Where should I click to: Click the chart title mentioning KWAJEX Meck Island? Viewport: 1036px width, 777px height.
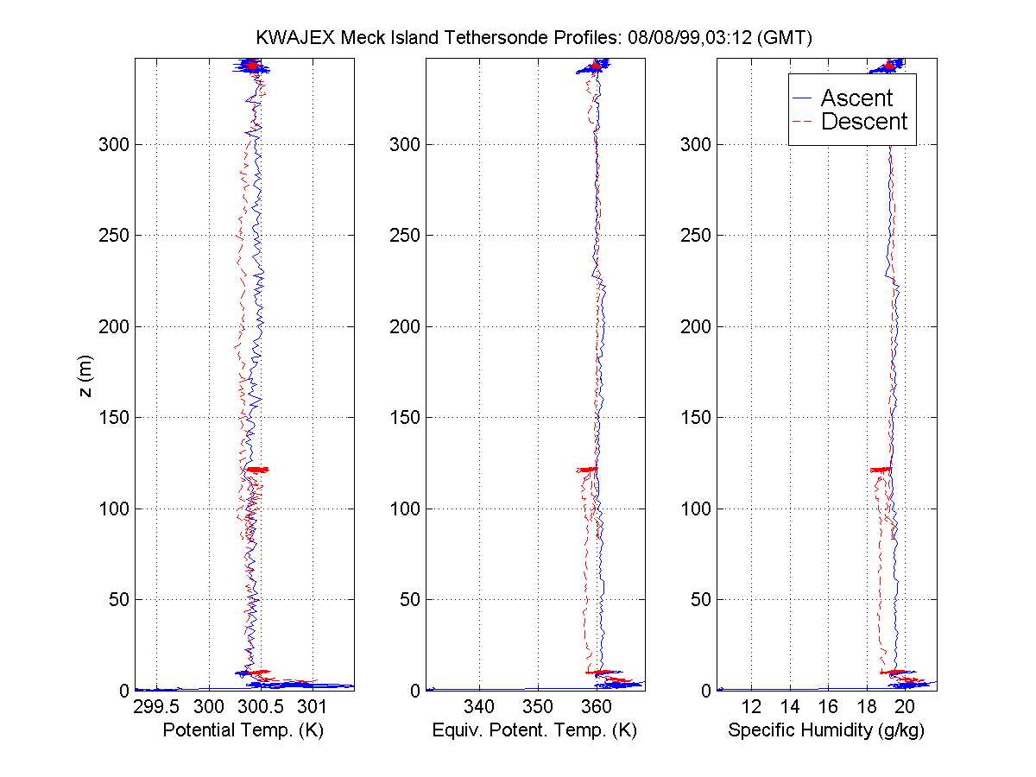point(534,38)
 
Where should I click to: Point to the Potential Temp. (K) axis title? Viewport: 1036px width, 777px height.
point(243,731)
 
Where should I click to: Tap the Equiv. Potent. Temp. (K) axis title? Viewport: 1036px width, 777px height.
point(534,731)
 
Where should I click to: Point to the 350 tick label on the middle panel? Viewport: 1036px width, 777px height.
point(538,707)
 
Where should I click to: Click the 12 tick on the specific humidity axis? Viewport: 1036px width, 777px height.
point(751,707)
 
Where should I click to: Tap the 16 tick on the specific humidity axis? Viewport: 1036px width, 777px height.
point(828,707)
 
